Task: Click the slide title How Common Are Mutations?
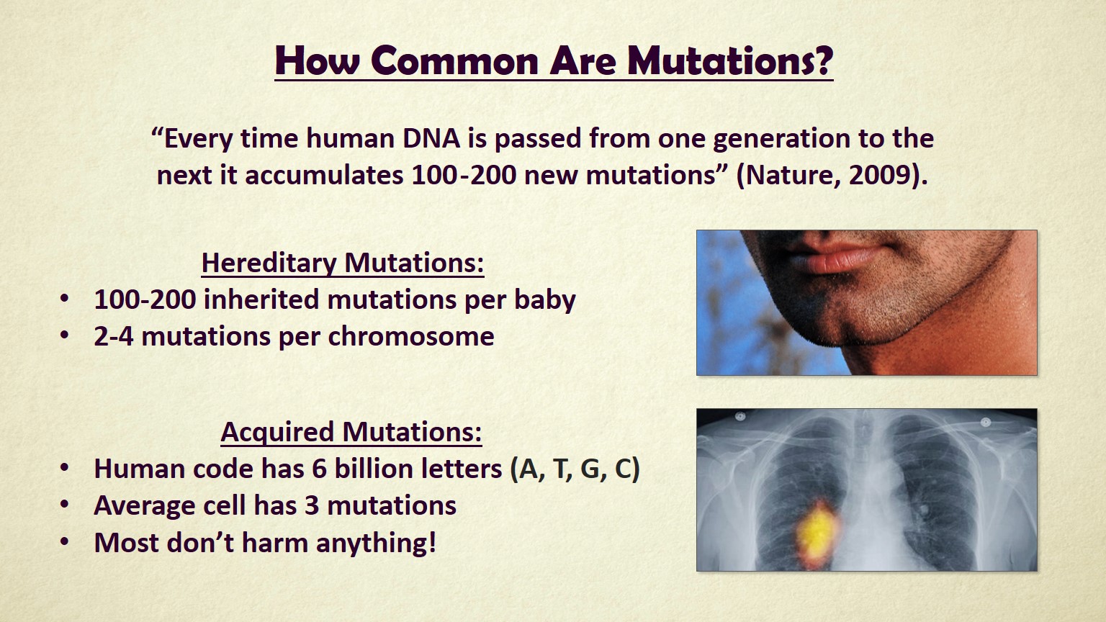tap(553, 60)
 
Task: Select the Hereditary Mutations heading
tap(343, 263)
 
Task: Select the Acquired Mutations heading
tap(351, 432)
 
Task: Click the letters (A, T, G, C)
tap(575, 469)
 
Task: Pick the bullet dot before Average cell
tap(66, 505)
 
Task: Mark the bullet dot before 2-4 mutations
tap(66, 336)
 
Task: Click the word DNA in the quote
tap(431, 138)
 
